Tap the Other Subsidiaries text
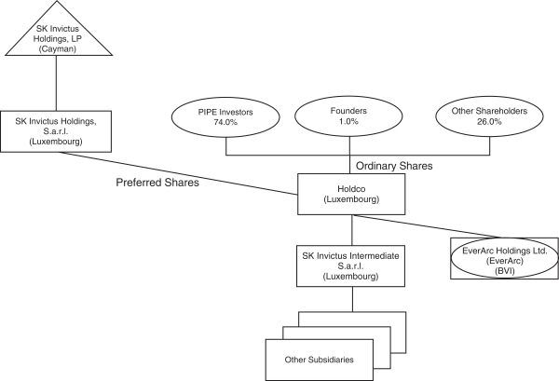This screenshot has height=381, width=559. coord(319,360)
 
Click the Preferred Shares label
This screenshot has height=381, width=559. coord(157,183)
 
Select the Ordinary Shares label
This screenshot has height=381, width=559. coord(394,166)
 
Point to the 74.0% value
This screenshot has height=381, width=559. coord(225,122)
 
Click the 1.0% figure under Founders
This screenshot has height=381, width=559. coord(348,121)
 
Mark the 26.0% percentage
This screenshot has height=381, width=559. coord(489,121)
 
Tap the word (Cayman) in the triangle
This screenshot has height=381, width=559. coord(58,48)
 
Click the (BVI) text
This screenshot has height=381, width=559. coord(505,271)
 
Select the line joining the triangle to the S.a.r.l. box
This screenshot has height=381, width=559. coord(56,84)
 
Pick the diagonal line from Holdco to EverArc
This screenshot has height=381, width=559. coord(427,226)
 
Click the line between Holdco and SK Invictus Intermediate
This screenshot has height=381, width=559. coord(352,230)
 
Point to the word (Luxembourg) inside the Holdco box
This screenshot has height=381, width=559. coord(351,199)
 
